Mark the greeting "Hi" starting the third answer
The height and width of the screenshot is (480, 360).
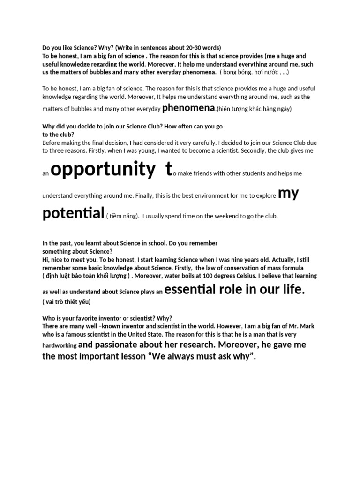click(45, 259)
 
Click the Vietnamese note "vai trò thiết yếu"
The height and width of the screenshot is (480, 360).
click(67, 302)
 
